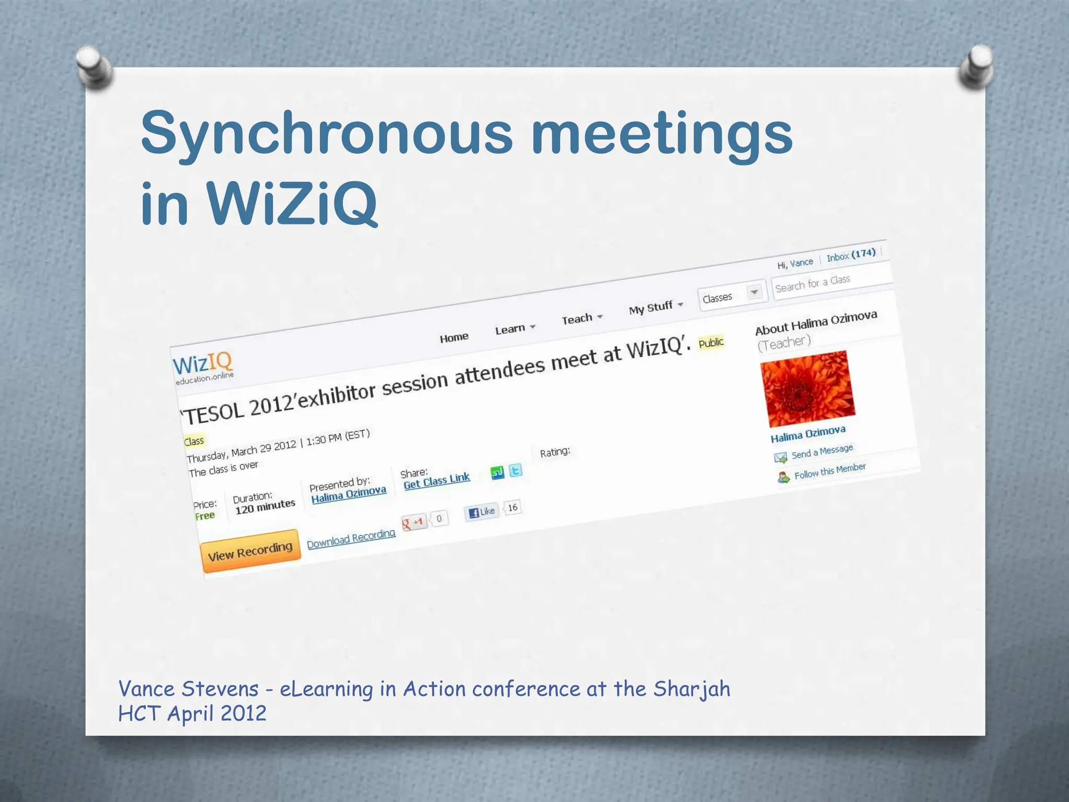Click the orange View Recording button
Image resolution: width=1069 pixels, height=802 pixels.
250,551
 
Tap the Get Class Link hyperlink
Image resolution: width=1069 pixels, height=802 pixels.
436,480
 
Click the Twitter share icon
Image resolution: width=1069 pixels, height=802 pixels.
515,470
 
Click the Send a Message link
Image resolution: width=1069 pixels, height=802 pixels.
822,452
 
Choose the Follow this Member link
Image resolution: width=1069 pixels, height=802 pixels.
829,470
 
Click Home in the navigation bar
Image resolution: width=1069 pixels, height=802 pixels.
454,337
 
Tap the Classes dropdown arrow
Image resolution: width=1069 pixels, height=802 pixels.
754,292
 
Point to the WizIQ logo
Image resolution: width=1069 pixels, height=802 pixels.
203,367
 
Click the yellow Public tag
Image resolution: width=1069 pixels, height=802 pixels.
711,343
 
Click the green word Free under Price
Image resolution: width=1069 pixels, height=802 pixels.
205,516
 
